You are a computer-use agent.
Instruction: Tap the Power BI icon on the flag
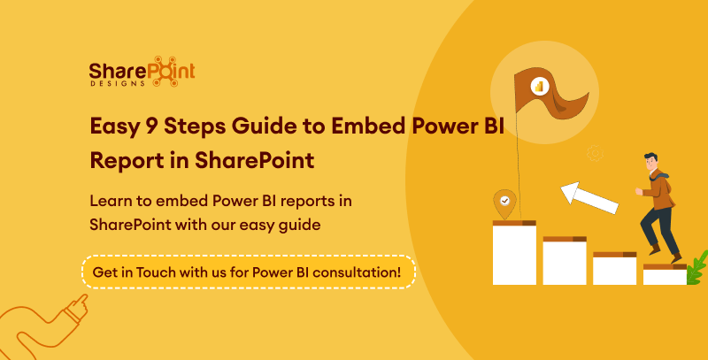[x=539, y=86]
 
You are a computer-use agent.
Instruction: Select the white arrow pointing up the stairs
[x=589, y=197]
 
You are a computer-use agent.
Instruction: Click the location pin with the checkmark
[x=504, y=203]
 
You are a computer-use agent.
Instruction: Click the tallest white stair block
[x=514, y=255]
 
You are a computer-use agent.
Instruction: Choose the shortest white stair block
[x=665, y=276]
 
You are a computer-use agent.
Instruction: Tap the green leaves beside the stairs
[x=696, y=264]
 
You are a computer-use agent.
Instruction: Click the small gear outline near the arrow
[x=596, y=154]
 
